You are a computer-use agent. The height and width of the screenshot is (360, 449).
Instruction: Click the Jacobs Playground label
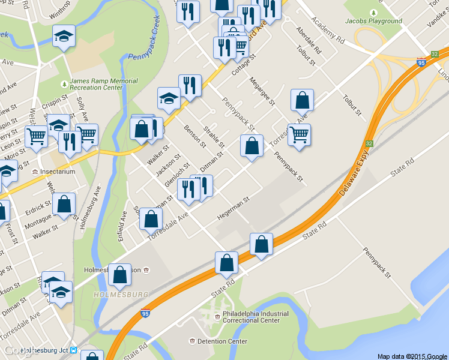pos(373,21)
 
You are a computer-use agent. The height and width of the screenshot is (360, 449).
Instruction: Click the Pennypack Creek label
pos(144,43)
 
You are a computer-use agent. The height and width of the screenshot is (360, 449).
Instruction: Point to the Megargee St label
pos(262,92)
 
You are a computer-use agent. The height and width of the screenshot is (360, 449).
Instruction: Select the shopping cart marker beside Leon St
pos(37,138)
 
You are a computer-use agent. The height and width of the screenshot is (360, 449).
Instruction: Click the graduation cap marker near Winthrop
pos(64,37)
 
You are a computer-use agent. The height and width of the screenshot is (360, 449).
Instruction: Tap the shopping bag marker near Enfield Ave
pos(151,220)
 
